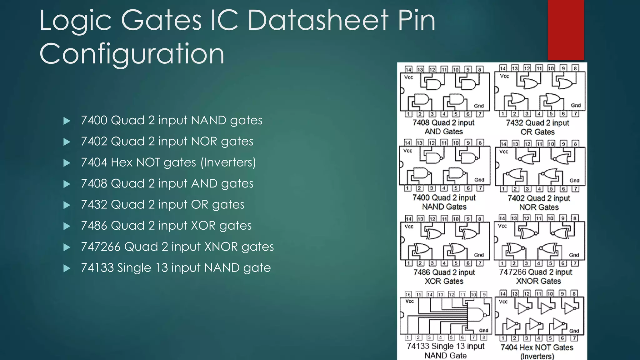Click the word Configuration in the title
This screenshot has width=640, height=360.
[x=132, y=54]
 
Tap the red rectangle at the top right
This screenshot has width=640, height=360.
[x=566, y=30]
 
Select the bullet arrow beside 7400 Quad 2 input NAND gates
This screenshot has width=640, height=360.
[x=67, y=121]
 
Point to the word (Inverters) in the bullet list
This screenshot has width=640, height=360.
[x=228, y=162]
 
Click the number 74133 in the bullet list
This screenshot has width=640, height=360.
[x=97, y=268]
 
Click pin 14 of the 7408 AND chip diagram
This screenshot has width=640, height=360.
[x=408, y=69]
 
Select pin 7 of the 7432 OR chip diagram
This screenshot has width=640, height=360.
[x=575, y=114]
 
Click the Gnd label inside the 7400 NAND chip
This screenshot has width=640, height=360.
[x=479, y=180]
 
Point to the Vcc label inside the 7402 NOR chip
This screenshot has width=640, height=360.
[x=504, y=152]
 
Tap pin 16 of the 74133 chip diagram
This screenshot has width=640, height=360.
[x=408, y=294]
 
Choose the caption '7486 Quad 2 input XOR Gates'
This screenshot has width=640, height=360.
[x=444, y=277]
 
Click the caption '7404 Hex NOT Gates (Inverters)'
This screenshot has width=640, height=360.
[x=537, y=352]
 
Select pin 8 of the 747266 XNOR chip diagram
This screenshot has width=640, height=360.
[x=574, y=218]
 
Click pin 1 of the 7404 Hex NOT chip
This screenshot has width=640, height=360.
[x=502, y=338]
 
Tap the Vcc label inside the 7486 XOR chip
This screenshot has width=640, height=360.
[x=409, y=227]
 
